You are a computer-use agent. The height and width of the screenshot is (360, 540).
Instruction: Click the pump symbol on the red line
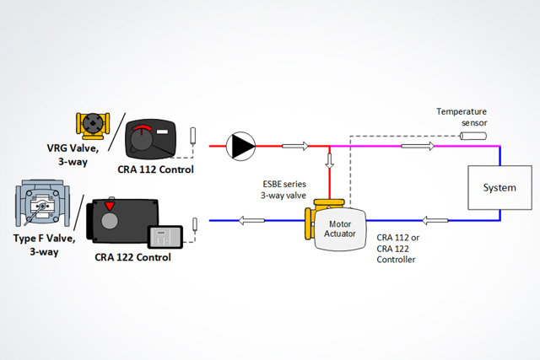[x=242, y=147]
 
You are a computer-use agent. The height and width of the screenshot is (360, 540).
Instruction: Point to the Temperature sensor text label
[x=462, y=116]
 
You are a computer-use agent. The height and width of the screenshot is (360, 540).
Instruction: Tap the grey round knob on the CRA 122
[x=110, y=222]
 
